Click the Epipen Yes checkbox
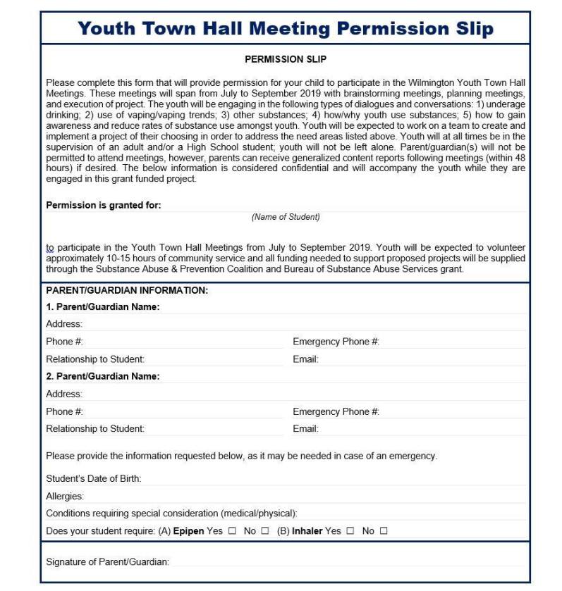tap(231, 530)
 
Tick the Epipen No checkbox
tap(264, 530)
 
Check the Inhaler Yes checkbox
tap(350, 530)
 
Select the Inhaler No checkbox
tap(384, 530)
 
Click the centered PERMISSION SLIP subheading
tap(285, 60)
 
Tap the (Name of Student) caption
tap(286, 217)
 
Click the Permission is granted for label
tap(104, 206)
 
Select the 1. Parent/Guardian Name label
tap(103, 307)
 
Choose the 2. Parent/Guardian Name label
tap(103, 376)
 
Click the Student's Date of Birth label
tap(94, 479)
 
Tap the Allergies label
tap(65, 497)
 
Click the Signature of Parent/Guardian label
tap(108, 561)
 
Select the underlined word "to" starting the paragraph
tap(50, 248)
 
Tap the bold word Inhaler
tap(307, 530)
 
